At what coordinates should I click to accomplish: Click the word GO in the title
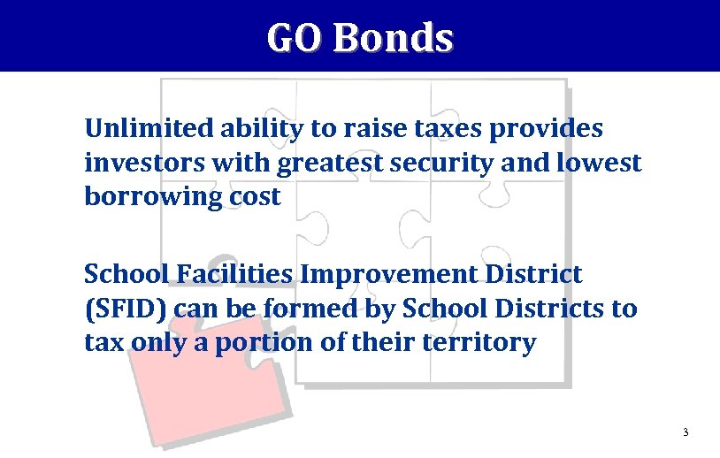(296, 38)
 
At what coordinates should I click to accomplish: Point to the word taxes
(439, 129)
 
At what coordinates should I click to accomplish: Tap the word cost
(256, 196)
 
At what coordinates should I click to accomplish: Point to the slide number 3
(686, 432)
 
